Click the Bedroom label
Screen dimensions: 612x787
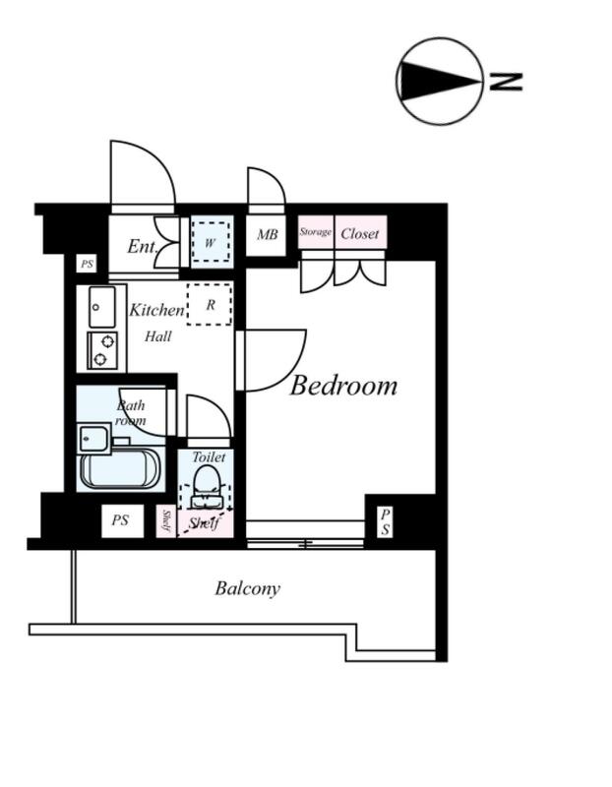343,386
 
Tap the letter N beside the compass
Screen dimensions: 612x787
506,82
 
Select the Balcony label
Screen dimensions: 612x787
248,588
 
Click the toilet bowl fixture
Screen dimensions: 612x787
207,487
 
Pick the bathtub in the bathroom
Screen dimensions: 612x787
119,468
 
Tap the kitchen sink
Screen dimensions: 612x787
102,307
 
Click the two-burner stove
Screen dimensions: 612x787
102,350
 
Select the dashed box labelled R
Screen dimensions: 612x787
210,304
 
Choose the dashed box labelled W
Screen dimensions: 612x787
211,242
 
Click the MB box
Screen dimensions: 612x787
266,234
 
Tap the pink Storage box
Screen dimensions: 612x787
316,231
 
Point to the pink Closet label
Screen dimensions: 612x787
359,233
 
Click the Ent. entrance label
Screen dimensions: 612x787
142,246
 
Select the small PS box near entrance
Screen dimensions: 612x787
87,264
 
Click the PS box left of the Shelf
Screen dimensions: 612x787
123,520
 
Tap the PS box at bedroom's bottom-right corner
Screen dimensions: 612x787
385,522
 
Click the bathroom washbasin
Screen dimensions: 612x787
93,439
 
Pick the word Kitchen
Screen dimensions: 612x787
156,310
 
